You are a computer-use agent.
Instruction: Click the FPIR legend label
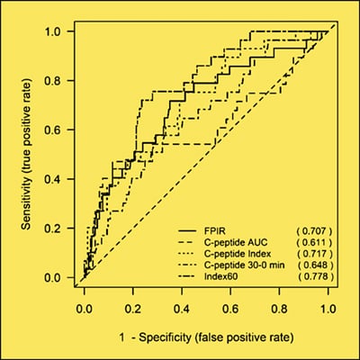pos(214,230)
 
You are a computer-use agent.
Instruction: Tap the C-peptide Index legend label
pos(236,254)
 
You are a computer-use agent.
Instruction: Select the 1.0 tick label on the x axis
pos(333,307)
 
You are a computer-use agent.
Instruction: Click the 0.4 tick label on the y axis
pos(56,180)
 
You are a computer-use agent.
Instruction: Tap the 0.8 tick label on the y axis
pos(56,82)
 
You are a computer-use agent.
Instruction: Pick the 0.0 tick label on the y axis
pos(56,278)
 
